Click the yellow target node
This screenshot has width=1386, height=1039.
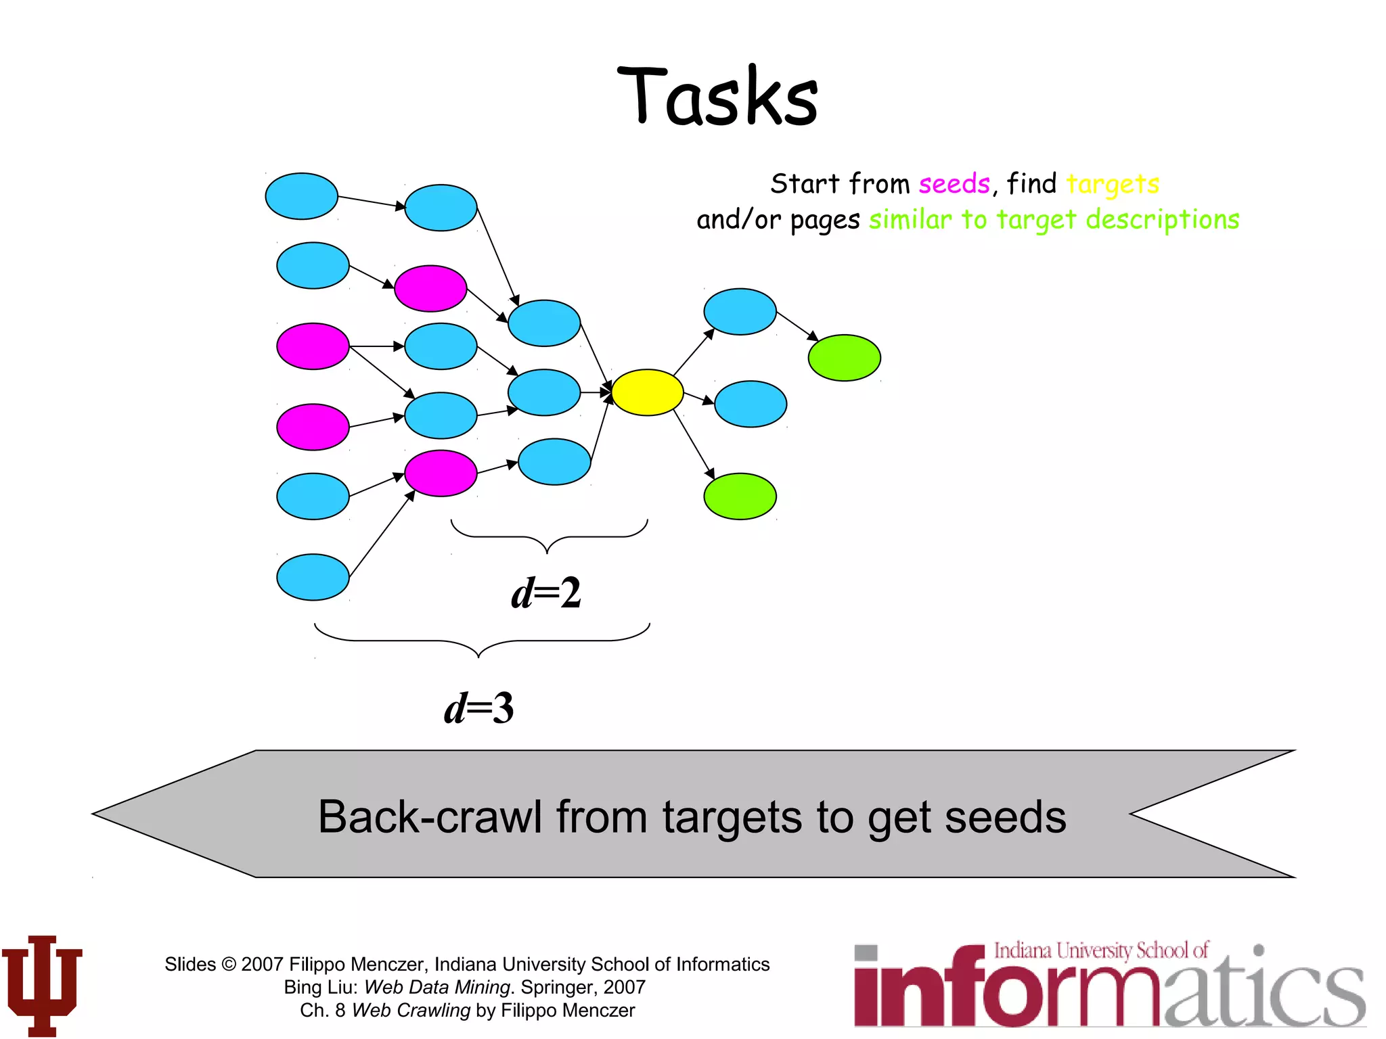click(647, 392)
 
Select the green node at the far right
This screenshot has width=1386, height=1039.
click(844, 358)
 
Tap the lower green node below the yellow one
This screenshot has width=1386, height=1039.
click(740, 497)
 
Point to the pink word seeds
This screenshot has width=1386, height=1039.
click(954, 184)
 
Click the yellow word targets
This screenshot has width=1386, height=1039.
click(1113, 184)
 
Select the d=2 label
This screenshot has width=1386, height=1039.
click(546, 593)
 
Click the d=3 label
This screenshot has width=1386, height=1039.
click(479, 709)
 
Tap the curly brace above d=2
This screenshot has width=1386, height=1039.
click(548, 536)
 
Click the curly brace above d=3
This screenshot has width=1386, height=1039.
click(480, 641)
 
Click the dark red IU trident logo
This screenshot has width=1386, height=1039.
click(42, 985)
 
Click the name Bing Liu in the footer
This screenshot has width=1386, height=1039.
click(319, 988)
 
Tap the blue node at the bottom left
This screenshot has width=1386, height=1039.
click(313, 577)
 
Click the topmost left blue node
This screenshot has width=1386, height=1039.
click(301, 196)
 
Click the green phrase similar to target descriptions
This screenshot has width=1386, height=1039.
click(1054, 220)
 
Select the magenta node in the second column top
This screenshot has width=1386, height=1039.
click(430, 288)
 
